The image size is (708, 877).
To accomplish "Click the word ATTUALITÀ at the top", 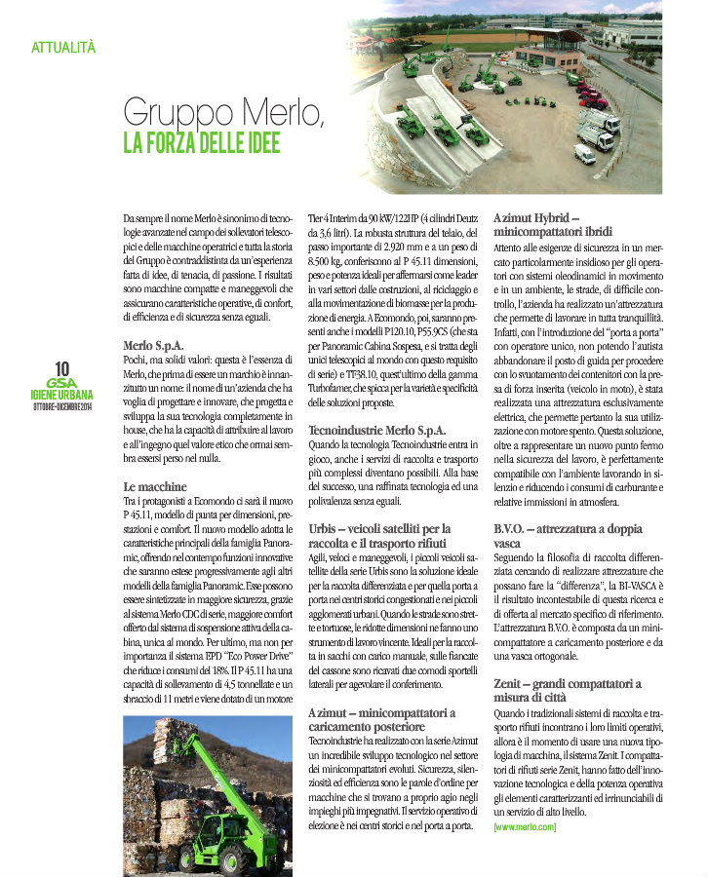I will pos(63,46).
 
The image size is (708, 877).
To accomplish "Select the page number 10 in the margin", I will pos(62,368).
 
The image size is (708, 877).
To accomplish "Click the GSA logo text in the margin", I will pos(62,384).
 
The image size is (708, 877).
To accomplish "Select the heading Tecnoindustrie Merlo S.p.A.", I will pos(376,429).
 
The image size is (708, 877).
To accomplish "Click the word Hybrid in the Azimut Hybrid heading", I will pos(557,220).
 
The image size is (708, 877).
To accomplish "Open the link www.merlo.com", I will pos(525,827).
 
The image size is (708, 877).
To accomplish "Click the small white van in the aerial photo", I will pos(584,154).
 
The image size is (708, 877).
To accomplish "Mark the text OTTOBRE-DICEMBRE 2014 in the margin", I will pos(62,407).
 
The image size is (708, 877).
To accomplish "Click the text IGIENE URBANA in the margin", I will pos(62,397).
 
